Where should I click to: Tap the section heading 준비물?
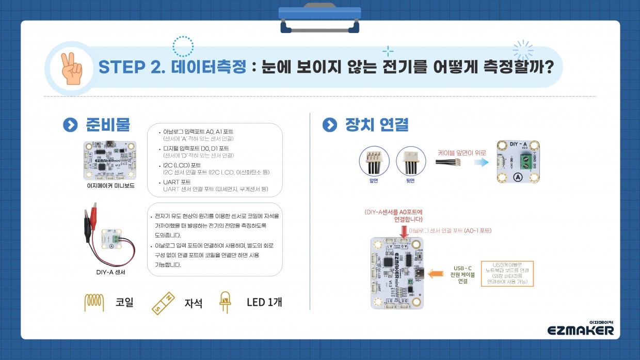(x=107, y=125)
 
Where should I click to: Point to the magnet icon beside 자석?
(x=165, y=302)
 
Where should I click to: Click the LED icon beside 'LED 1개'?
(x=225, y=302)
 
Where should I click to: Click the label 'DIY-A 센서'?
(x=110, y=272)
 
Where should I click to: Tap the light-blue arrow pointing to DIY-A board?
(x=482, y=162)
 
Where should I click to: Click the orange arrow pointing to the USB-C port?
(x=435, y=273)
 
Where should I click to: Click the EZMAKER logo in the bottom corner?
(x=581, y=328)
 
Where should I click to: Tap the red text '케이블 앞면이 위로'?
(x=461, y=153)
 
